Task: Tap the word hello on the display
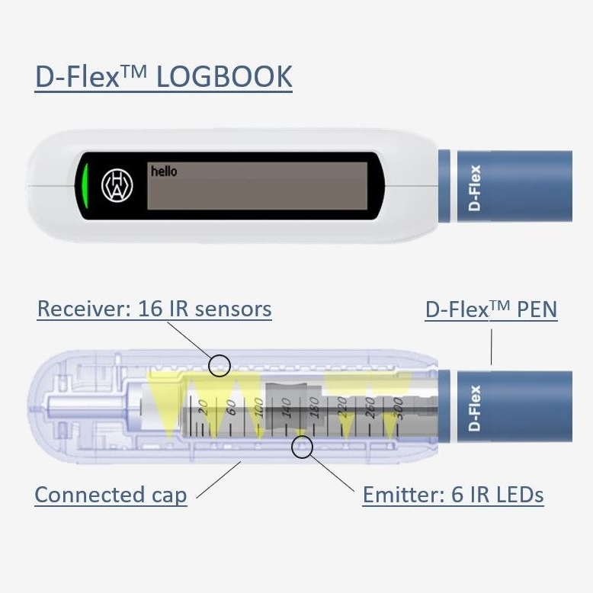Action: click(163, 171)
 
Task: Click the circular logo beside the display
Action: click(117, 186)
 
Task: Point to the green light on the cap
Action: click(86, 186)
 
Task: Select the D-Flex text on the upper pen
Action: click(476, 187)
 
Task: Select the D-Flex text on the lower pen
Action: click(476, 409)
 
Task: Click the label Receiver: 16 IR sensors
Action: click(154, 309)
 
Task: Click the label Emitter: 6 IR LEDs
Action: click(453, 495)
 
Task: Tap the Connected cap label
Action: click(111, 495)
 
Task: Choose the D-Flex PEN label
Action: click(491, 309)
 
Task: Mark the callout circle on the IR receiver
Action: click(220, 365)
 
